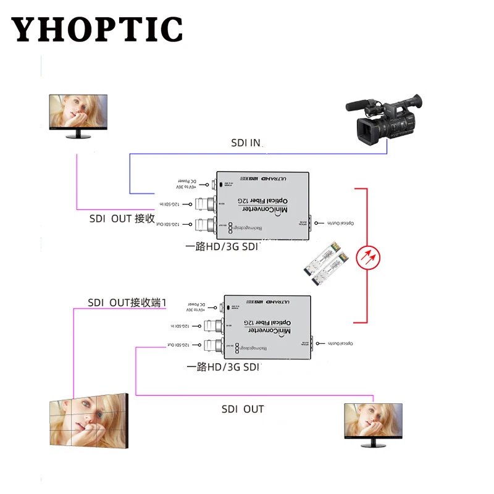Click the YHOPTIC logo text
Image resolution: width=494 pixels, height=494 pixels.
(97, 28)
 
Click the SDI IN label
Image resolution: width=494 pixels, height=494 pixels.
(246, 143)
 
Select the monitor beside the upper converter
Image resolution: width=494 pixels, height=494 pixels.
(78, 116)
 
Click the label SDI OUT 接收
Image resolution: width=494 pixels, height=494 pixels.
(122, 219)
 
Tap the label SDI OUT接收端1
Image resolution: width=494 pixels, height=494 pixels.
(127, 303)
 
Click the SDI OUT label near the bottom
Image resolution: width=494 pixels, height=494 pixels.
(243, 409)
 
